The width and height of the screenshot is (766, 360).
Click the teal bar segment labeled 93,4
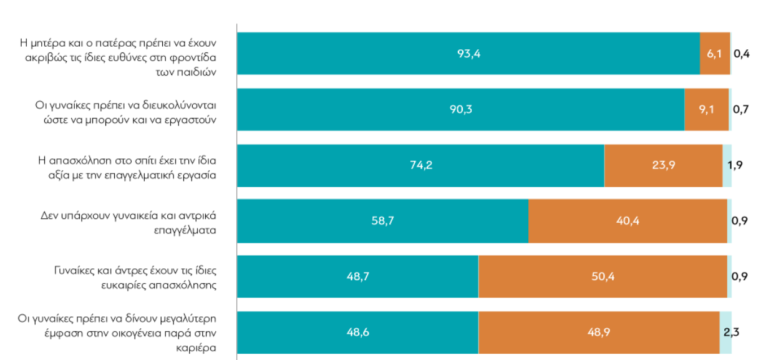click(x=468, y=54)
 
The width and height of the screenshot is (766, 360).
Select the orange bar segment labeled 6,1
click(x=715, y=54)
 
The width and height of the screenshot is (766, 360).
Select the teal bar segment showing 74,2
click(x=420, y=165)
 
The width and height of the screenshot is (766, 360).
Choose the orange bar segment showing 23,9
click(x=663, y=165)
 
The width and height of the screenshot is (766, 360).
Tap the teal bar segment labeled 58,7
click(x=382, y=221)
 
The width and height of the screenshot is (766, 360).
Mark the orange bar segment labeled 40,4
click(x=628, y=221)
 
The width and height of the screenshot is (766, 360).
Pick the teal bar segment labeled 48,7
click(x=357, y=276)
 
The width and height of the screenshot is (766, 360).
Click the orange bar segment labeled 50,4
click(x=603, y=276)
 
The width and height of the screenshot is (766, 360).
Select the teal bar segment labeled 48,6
click(x=357, y=332)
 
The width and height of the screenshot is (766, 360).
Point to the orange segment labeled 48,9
click(x=599, y=332)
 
